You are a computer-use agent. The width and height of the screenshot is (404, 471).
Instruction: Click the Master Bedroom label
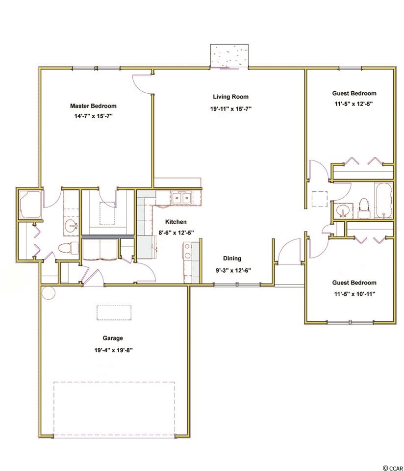pos(93,106)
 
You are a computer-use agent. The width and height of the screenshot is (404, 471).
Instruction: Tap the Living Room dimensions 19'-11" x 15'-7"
pos(230,109)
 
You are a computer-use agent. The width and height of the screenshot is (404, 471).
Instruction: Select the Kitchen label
pos(176,222)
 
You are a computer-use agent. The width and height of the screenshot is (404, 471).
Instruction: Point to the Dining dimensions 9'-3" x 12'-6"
pos(233,270)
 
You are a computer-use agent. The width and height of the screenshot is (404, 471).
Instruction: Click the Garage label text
pos(113,338)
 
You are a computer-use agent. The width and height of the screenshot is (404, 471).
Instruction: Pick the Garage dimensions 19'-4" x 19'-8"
pos(113,350)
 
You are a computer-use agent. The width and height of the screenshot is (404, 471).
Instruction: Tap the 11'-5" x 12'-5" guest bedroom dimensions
pos(353,104)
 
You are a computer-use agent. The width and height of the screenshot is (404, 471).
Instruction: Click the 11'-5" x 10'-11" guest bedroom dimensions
pos(355,294)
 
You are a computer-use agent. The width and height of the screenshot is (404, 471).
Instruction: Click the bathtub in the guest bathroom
pos(383,200)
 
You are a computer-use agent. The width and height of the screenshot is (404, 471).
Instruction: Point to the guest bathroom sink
pos(343,210)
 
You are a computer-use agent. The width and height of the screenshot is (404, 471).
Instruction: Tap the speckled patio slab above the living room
pos(229,56)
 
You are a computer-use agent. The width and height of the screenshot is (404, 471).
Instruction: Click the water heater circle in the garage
pos(49,292)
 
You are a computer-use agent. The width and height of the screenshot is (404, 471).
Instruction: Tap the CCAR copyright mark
pos(393,468)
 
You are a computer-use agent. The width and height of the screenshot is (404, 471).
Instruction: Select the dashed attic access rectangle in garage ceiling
pos(114,313)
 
